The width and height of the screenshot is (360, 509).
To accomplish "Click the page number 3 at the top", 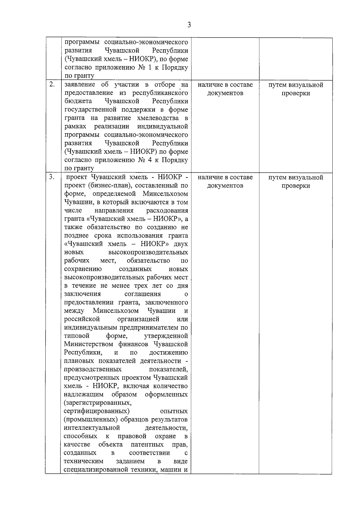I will point(189,25).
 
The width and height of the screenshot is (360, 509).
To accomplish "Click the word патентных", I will point(147,444).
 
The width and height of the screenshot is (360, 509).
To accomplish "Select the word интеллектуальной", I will point(92,427).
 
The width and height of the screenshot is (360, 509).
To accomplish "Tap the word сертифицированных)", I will point(97,411).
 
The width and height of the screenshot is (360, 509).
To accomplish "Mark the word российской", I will point(82,319).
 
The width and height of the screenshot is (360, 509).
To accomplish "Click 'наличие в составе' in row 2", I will point(225,85).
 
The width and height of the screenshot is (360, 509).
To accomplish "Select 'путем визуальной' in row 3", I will point(295,177).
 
